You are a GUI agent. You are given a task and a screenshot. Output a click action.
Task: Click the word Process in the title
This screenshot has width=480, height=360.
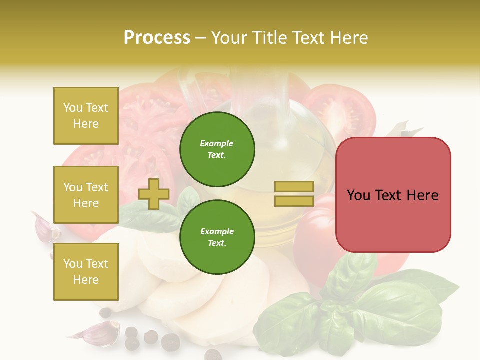157,38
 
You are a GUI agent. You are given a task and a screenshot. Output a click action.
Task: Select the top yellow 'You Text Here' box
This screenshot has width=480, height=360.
86,116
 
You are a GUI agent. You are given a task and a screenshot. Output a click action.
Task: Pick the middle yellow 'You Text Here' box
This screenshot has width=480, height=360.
86,195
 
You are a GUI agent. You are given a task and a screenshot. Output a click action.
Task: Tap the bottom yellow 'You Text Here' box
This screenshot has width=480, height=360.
86,272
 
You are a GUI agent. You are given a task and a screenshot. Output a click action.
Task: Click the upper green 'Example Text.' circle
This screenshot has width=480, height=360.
217,149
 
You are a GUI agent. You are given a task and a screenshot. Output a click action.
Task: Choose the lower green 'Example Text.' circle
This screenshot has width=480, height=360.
217,237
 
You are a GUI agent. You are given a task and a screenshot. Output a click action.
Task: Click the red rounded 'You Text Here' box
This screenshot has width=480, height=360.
393,195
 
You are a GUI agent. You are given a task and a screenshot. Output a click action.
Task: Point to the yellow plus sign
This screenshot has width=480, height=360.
154,194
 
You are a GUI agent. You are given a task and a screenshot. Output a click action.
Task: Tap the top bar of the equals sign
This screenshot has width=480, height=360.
294,186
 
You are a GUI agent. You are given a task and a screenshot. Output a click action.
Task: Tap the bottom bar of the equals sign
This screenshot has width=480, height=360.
294,201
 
